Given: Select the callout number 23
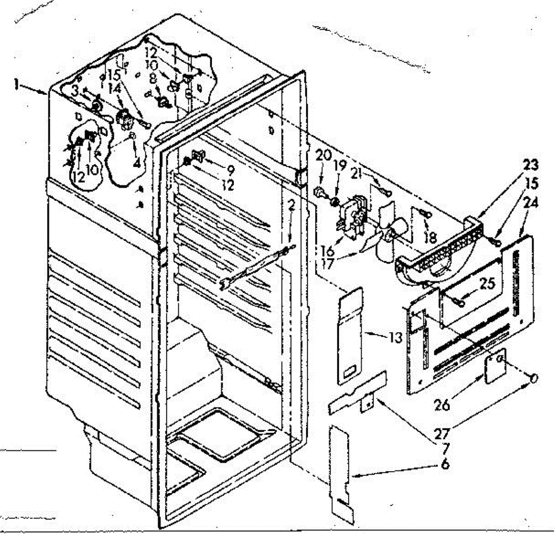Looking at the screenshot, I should pyautogui.click(x=531, y=164).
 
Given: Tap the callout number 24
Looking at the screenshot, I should pyautogui.click(x=531, y=203).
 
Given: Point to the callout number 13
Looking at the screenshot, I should pyautogui.click(x=395, y=337).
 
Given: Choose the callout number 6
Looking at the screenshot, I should pyautogui.click(x=445, y=464).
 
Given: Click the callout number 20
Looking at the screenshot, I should pyautogui.click(x=323, y=156).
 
